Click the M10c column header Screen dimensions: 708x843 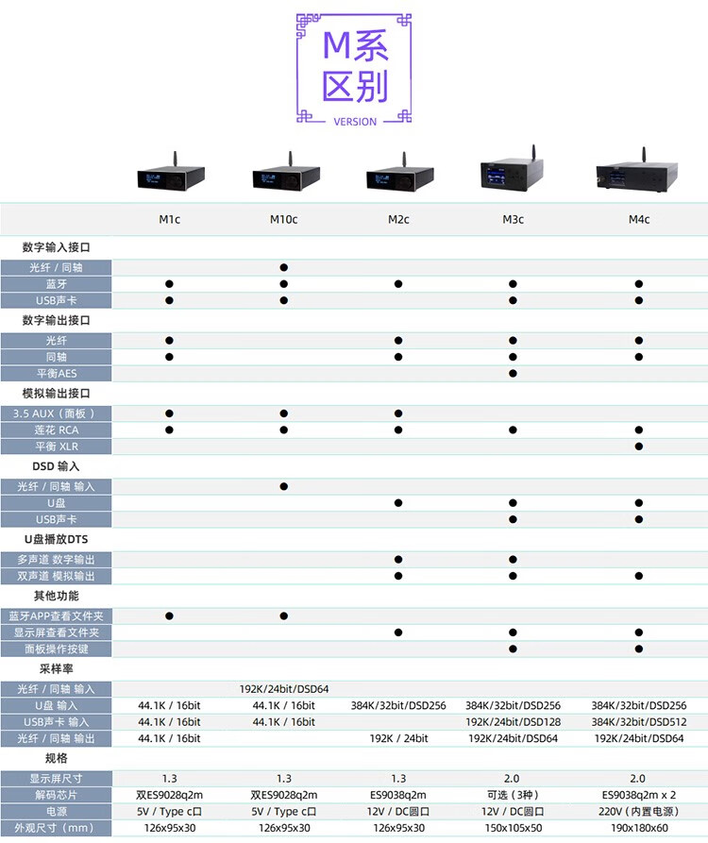[x=283, y=220]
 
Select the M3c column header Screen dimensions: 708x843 [x=513, y=220]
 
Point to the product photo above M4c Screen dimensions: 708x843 [x=639, y=172]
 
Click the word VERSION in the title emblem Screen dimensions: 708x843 [x=355, y=122]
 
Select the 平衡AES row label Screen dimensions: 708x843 [x=57, y=374]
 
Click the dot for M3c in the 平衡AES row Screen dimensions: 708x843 [x=513, y=374]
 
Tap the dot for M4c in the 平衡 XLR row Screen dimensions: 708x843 [x=639, y=447]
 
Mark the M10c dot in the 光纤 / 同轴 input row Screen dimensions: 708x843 [x=283, y=268]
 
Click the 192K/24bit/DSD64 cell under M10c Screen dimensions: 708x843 [x=283, y=689]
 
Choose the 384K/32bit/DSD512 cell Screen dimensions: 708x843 [x=639, y=721]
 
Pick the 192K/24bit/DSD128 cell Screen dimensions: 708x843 [x=513, y=721]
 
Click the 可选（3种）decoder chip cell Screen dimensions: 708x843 [x=513, y=795]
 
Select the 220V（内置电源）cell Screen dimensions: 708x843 [x=639, y=812]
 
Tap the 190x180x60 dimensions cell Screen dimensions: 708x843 [x=639, y=829]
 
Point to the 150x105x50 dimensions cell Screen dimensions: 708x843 [x=513, y=829]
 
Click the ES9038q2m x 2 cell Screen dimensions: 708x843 [x=639, y=795]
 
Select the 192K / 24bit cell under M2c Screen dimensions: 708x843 [x=398, y=738]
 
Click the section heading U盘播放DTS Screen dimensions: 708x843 [x=57, y=539]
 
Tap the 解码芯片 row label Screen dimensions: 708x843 [x=57, y=795]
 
